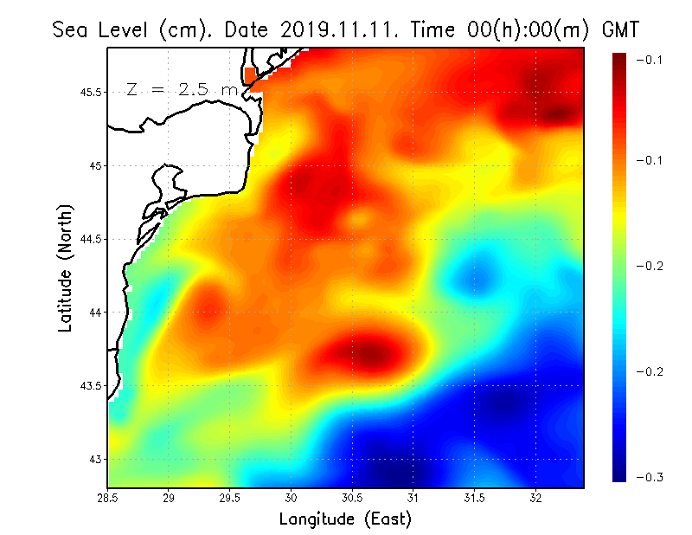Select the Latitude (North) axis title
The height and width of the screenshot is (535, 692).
[x=65, y=267]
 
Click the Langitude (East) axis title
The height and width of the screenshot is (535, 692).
[x=344, y=519]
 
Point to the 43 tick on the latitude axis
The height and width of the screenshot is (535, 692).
[x=95, y=459]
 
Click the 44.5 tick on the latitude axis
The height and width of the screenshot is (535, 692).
[x=89, y=239]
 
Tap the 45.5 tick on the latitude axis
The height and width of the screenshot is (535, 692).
[x=89, y=92]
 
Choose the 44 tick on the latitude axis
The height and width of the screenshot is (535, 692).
[x=95, y=312]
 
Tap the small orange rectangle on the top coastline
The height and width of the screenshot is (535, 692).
[x=252, y=76]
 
